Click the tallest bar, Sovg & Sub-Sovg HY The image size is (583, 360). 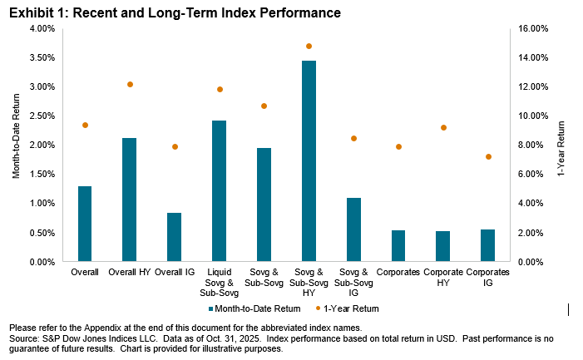[308, 161]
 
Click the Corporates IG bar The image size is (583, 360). [487, 245]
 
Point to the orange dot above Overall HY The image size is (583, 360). [130, 85]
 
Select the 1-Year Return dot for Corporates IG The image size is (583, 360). [487, 156]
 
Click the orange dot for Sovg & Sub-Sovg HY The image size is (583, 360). [309, 47]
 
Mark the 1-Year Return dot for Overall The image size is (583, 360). [85, 126]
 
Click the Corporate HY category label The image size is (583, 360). [442, 277]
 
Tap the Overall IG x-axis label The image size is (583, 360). [174, 272]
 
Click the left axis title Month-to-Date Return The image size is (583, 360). [16, 145]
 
